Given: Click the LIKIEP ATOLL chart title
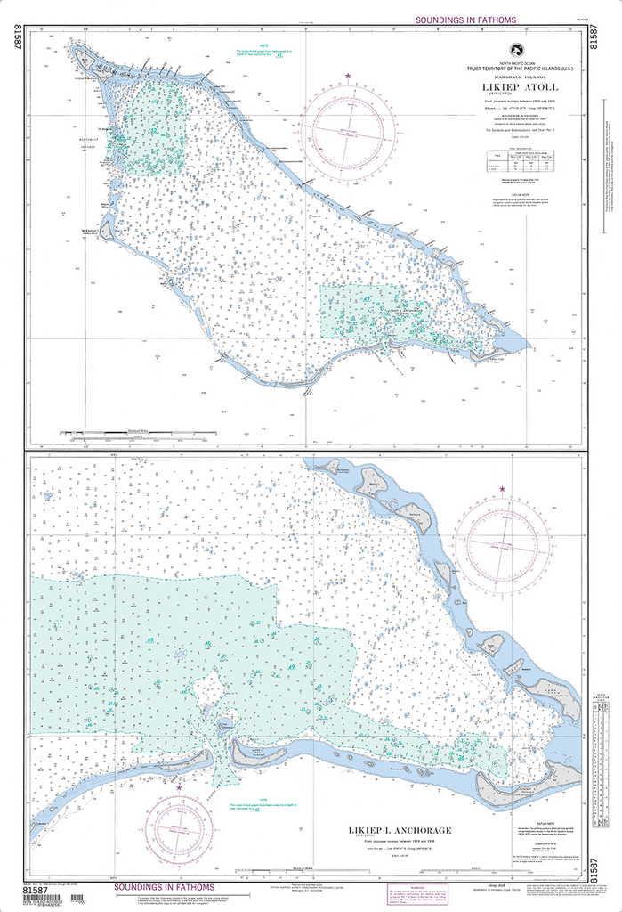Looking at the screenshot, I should click(x=522, y=87).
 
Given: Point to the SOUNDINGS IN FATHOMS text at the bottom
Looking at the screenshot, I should click(x=163, y=888).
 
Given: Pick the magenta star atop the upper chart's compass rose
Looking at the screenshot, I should click(x=347, y=75).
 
